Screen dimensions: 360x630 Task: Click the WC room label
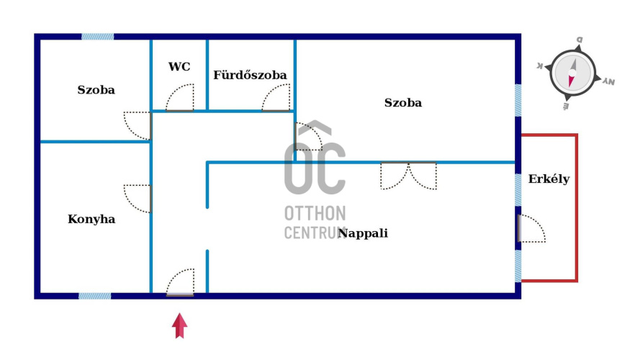point(179,67)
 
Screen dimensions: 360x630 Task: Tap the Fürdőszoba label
point(250,75)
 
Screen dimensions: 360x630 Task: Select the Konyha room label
point(91,219)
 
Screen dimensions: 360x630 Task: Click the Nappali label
point(364,233)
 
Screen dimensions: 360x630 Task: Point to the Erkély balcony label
point(549,179)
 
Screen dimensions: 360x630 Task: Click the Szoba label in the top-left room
point(96,90)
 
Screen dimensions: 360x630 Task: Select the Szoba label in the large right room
point(402,103)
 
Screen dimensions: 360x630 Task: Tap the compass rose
point(573,72)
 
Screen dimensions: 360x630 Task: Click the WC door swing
point(180,99)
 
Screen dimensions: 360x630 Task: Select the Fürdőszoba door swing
point(276,99)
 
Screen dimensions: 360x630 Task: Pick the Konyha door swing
point(138,199)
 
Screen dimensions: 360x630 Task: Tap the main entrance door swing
point(181,282)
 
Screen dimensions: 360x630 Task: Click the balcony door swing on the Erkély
point(531,229)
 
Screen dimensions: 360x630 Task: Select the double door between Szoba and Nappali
point(408,176)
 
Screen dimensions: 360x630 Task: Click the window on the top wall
point(97,36)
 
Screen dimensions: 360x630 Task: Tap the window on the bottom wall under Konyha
point(94,295)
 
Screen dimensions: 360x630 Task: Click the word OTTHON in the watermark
point(315,214)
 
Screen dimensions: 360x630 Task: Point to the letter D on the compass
point(579,40)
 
